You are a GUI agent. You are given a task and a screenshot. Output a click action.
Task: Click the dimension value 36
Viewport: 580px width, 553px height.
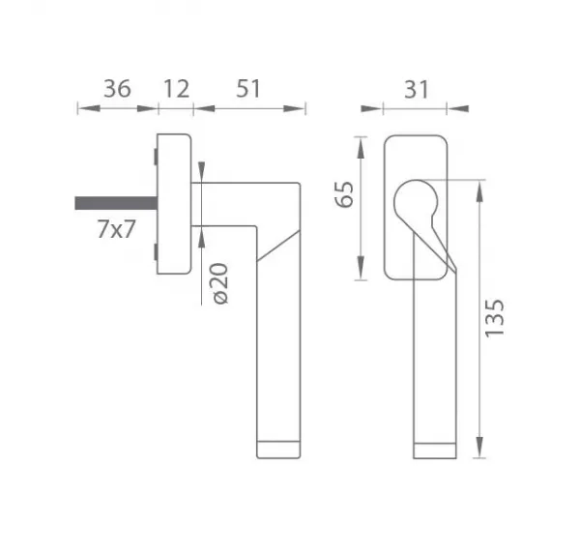[117, 89]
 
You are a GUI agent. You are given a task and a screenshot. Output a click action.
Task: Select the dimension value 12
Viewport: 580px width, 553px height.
[177, 89]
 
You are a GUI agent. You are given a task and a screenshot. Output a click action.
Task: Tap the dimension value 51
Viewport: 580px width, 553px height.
[248, 89]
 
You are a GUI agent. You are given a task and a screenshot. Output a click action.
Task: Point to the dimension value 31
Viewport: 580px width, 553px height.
[417, 90]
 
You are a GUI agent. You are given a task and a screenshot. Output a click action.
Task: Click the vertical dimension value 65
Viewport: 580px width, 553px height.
[344, 194]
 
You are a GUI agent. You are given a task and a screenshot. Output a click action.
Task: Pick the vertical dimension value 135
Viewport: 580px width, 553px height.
[495, 318]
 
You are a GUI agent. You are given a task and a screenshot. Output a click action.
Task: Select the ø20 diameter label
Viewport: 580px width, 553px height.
[221, 283]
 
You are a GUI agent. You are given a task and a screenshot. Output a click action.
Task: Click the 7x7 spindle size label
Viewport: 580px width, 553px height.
[117, 229]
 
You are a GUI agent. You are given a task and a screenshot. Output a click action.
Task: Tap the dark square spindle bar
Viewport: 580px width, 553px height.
[116, 203]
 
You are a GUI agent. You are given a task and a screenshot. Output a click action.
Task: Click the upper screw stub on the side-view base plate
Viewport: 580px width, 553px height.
[156, 157]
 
